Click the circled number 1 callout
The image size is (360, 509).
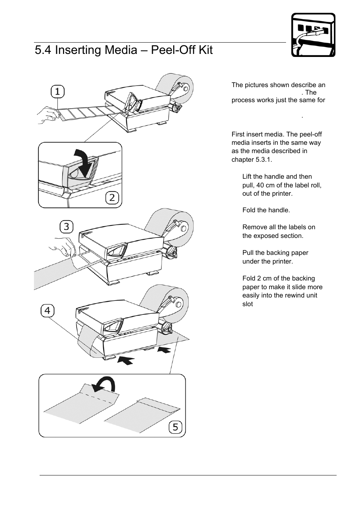pyautogui.click(x=57, y=92)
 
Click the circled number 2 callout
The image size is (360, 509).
pyautogui.click(x=112, y=198)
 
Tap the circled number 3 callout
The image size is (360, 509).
pyautogui.click(x=66, y=227)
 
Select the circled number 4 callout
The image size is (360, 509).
pyautogui.click(x=47, y=311)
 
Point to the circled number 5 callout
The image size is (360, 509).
pyautogui.click(x=175, y=427)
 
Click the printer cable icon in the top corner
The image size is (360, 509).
pyautogui.click(x=313, y=35)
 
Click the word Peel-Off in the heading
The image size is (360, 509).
pyautogui.click(x=169, y=50)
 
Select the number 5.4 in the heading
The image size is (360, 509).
pyautogui.click(x=43, y=50)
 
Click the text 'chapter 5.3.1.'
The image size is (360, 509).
pyautogui.click(x=252, y=159)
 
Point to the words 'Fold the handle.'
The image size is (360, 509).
pyautogui.click(x=266, y=210)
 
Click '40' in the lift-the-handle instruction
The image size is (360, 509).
pyautogui.click(x=261, y=185)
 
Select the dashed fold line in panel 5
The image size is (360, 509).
pyautogui.click(x=97, y=397)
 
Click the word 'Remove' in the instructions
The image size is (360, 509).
pyautogui.click(x=253, y=227)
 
